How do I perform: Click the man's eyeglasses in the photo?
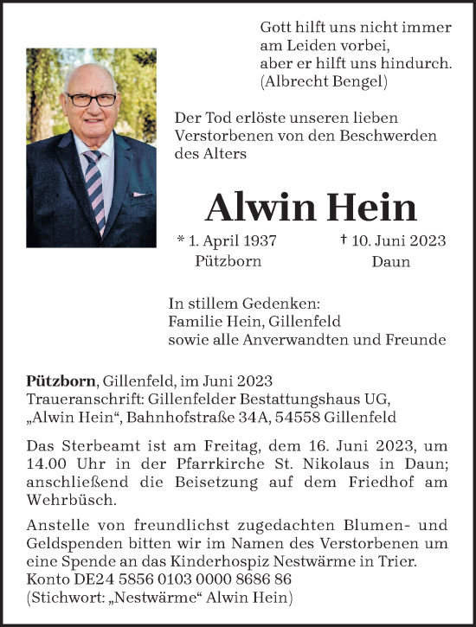(90, 99)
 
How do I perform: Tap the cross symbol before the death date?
(344, 241)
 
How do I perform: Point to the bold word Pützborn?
(62, 381)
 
